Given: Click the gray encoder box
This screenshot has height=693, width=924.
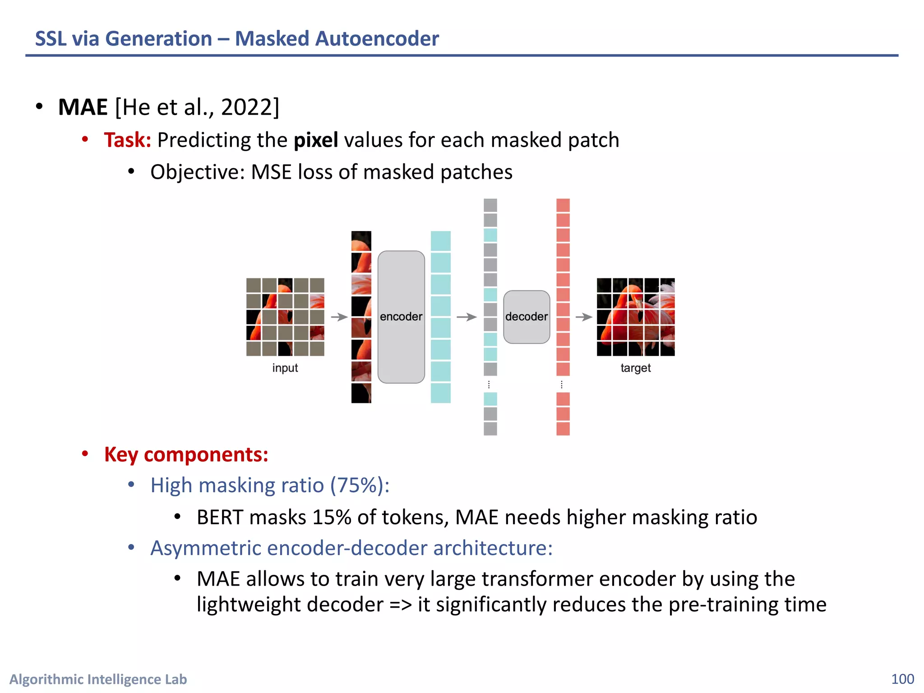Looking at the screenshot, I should click(x=401, y=317).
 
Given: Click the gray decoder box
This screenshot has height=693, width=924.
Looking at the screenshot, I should click(x=527, y=317).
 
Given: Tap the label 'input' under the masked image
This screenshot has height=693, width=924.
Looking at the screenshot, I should click(x=285, y=368).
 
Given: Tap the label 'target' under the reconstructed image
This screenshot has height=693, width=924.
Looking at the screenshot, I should click(x=635, y=368).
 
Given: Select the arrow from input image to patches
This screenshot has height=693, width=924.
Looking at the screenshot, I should click(x=339, y=317).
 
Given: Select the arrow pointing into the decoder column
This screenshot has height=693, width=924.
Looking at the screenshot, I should click(x=467, y=317).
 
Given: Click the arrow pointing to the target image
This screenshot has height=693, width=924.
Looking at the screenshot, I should click(x=584, y=317).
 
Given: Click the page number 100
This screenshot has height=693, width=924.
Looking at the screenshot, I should click(x=902, y=679).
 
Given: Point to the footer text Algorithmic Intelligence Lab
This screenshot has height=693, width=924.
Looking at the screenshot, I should click(x=98, y=679).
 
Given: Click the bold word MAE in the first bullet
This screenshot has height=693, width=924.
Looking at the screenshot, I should click(x=83, y=107).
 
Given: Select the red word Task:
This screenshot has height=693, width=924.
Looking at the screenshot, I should click(x=127, y=140).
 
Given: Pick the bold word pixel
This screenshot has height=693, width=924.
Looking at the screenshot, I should click(x=315, y=140).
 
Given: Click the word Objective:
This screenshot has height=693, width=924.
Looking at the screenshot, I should click(x=197, y=172).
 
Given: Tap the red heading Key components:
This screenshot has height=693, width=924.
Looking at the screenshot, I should click(x=186, y=454).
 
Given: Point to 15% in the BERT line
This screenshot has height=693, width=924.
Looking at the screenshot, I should click(x=331, y=517).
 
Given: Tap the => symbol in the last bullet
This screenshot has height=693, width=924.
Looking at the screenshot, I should click(x=401, y=605).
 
